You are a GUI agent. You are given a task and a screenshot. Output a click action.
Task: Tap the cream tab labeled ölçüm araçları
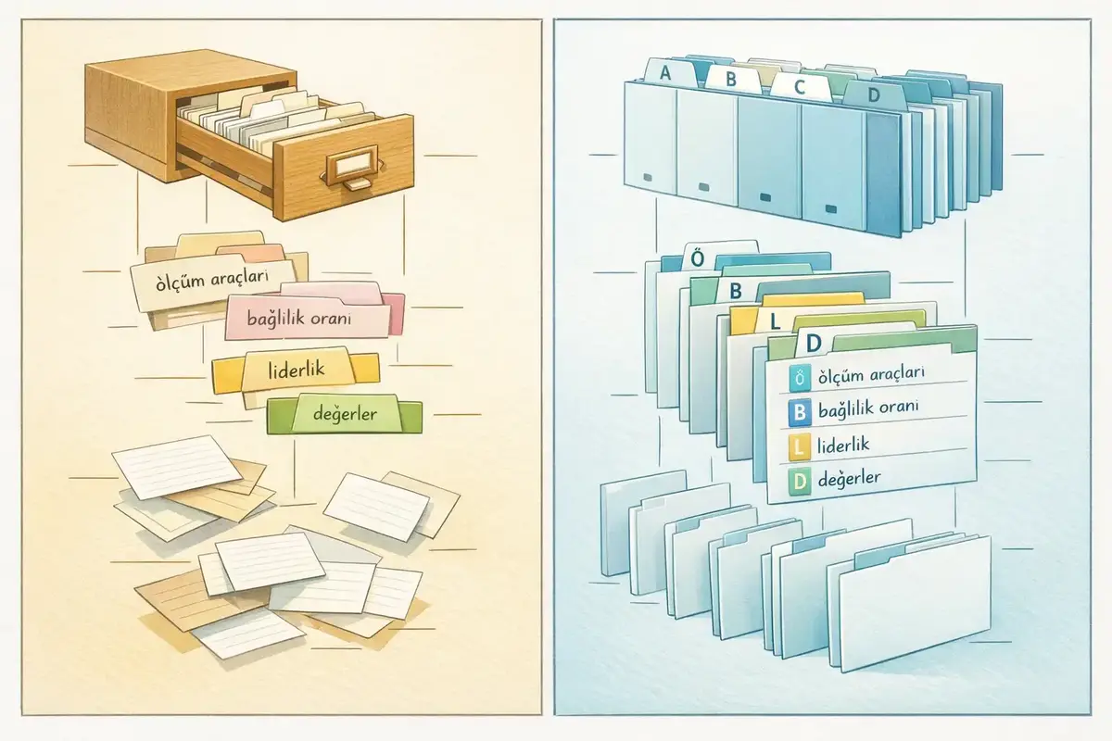coord(211,279)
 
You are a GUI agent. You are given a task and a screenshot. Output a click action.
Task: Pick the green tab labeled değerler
coord(345,415)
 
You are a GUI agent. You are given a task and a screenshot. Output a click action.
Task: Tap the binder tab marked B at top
coord(730,79)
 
